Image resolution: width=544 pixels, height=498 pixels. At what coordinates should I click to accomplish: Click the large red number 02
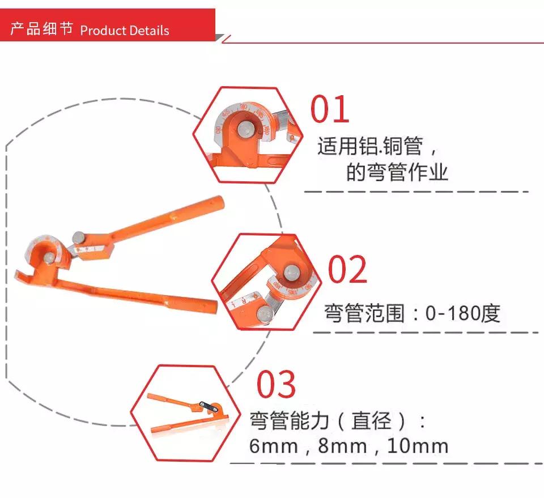(348, 269)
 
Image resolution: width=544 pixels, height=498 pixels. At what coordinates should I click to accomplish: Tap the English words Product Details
(125, 30)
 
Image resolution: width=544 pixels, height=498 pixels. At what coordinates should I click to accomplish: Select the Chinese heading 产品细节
(42, 29)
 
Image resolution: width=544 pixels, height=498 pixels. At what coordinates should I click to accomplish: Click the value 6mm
(274, 446)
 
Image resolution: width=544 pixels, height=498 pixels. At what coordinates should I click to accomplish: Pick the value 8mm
(343, 446)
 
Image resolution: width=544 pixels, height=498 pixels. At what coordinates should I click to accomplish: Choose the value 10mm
(418, 446)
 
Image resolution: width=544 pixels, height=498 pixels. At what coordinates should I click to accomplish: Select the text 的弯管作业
(397, 171)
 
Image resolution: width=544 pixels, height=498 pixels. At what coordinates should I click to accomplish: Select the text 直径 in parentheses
(371, 421)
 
